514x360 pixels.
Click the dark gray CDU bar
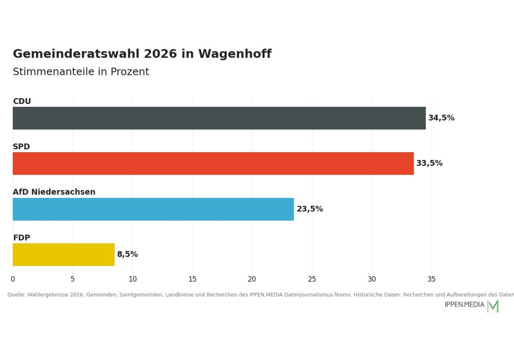[219, 118]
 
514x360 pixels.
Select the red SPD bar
[213, 163]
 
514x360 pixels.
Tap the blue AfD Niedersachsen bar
[153, 209]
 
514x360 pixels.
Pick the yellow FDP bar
[64, 255]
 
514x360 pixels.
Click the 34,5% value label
[441, 118]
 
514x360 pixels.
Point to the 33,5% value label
[429, 163]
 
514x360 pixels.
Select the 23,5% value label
[310, 209]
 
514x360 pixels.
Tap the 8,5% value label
[127, 255]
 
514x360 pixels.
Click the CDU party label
[22, 101]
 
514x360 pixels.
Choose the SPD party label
[21, 147]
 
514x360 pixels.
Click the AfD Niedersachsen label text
[54, 192]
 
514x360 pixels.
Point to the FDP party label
[22, 238]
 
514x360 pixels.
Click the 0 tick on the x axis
[13, 279]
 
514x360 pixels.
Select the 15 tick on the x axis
[192, 279]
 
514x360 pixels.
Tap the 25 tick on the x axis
[312, 279]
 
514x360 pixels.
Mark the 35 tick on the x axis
[432, 279]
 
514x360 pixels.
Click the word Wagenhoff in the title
[235, 54]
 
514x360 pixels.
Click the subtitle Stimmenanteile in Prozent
[81, 71]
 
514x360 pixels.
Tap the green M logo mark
[493, 306]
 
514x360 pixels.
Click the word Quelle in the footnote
[16, 295]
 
